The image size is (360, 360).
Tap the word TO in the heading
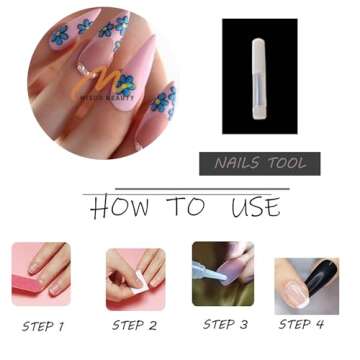187,207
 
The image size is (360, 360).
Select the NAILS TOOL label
259,163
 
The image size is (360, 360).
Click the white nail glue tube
258,76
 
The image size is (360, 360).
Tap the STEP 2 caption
134,325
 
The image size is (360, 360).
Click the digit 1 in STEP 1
61,326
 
